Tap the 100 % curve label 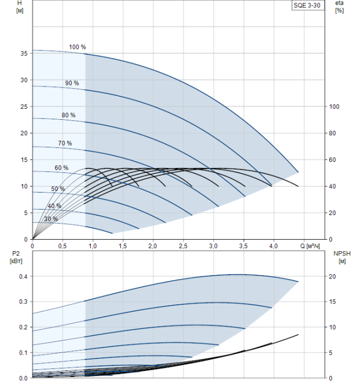pos(77,47)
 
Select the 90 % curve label pos(72,83)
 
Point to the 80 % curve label pos(68,115)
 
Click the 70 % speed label pos(65,143)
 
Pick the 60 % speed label pos(61,167)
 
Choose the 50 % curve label pos(58,189)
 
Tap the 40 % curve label pos(54,206)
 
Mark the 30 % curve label pos(51,219)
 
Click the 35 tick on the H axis pos(24,54)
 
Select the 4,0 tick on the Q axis pos(274,246)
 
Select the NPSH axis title pos(340,253)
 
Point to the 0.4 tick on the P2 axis pos(22,277)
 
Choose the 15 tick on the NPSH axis pos(333,302)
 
